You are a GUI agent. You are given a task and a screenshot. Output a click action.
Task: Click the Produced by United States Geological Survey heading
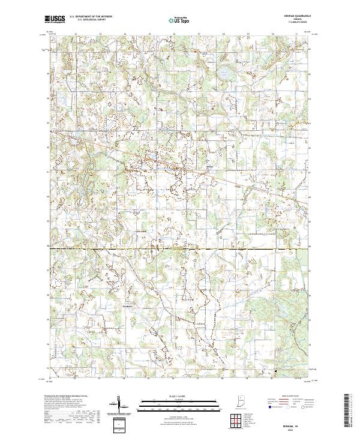coord(63,397)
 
